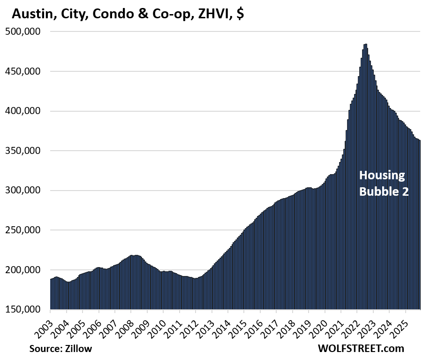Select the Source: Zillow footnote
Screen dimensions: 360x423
60,349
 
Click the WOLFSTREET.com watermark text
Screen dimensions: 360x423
360,349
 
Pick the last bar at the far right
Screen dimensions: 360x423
420,225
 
